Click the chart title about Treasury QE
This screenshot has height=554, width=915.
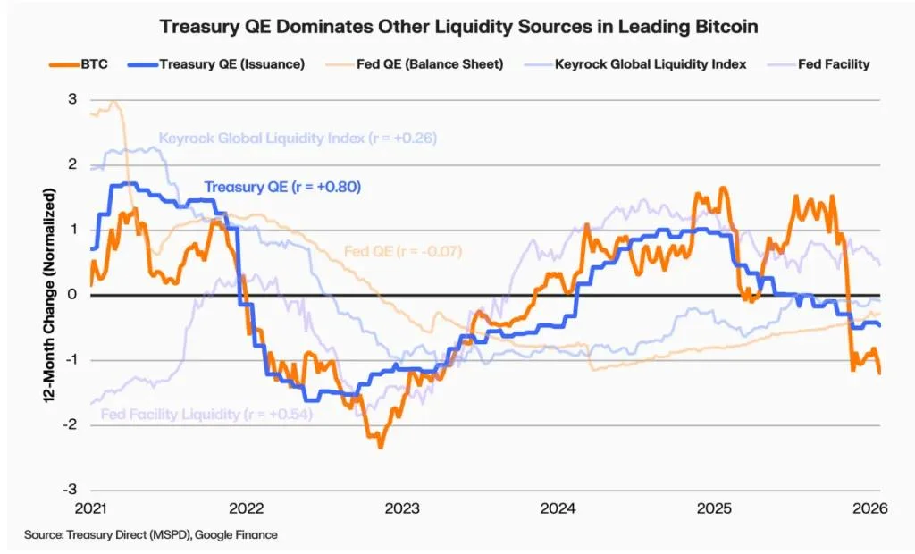pos(457,27)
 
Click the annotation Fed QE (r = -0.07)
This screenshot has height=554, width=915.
pos(403,251)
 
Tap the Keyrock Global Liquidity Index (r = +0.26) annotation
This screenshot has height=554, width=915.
pos(298,138)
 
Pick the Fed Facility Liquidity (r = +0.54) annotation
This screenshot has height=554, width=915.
pos(206,415)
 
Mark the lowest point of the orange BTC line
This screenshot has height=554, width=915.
pos(381,446)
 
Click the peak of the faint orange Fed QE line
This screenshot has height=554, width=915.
pos(114,103)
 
